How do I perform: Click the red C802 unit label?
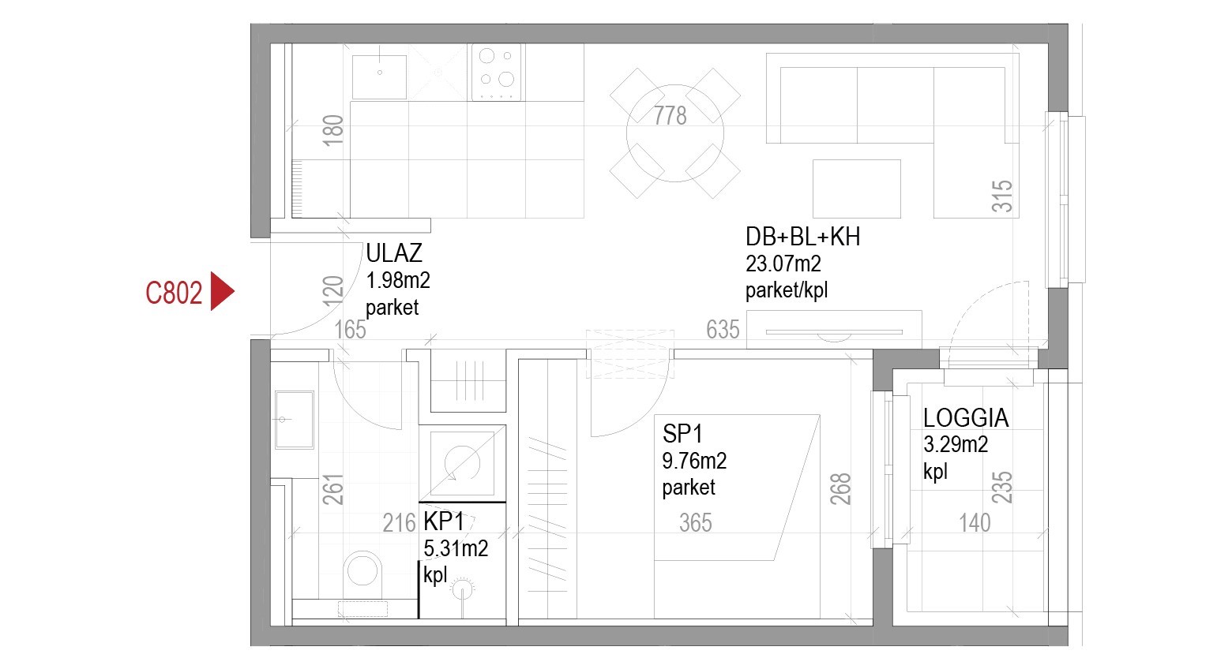(x=174, y=293)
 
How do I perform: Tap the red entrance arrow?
(x=222, y=291)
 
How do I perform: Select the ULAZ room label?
(x=394, y=253)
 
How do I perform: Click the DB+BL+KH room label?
(x=802, y=237)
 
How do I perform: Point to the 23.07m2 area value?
(x=783, y=264)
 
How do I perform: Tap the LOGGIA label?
(x=966, y=418)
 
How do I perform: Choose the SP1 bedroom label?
(x=682, y=434)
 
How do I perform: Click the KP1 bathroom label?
(x=443, y=521)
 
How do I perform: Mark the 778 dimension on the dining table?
(x=670, y=116)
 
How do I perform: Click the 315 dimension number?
(x=1002, y=196)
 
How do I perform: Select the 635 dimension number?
(x=723, y=330)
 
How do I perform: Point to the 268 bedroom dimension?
(x=840, y=489)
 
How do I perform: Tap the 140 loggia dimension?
(x=975, y=523)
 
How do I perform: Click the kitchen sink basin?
(x=380, y=77)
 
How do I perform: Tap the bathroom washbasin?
(x=295, y=420)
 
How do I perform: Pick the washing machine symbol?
(x=462, y=464)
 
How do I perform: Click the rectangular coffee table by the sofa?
(x=856, y=189)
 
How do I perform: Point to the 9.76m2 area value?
(x=694, y=461)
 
